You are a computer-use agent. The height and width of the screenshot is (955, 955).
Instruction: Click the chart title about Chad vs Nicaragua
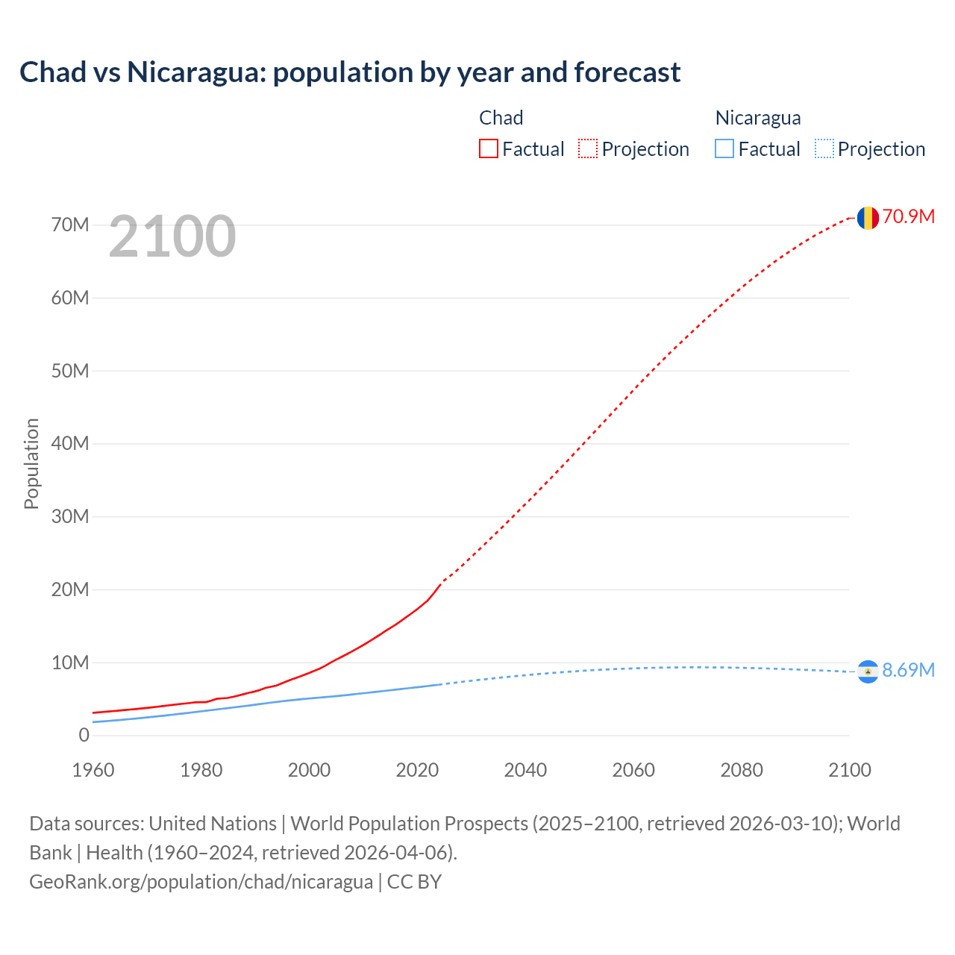(350, 72)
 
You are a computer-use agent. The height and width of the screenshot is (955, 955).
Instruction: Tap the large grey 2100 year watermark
(172, 237)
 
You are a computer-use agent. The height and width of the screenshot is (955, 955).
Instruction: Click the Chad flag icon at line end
(868, 218)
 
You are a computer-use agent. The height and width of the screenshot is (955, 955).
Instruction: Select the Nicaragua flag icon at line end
(868, 672)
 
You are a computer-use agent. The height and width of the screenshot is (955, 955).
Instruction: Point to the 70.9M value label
(908, 217)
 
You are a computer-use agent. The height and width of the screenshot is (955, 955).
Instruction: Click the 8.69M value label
(908, 671)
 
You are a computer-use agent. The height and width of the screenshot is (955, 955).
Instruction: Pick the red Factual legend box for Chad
(489, 149)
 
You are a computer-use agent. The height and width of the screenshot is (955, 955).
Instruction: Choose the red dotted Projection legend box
(588, 149)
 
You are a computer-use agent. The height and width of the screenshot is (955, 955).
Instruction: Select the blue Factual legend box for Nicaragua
(724, 149)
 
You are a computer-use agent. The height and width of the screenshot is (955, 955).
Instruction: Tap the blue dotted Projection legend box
(824, 149)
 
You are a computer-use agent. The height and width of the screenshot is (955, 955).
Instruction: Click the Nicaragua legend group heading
(758, 118)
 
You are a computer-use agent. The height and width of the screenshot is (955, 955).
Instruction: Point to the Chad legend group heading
(501, 118)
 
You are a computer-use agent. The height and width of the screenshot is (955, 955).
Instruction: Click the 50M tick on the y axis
(70, 371)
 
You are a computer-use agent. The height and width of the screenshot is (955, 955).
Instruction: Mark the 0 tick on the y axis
(84, 736)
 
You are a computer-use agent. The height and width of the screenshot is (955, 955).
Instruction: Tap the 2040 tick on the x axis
(525, 770)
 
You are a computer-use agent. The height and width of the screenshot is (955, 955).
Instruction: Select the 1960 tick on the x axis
(93, 770)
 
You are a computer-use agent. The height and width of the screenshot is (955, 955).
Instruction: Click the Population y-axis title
(31, 463)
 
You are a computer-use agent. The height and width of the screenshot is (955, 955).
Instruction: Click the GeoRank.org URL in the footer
(201, 882)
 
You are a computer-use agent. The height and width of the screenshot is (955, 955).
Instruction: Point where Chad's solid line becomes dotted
(442, 582)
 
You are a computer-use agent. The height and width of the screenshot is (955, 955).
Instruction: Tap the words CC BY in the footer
(414, 882)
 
